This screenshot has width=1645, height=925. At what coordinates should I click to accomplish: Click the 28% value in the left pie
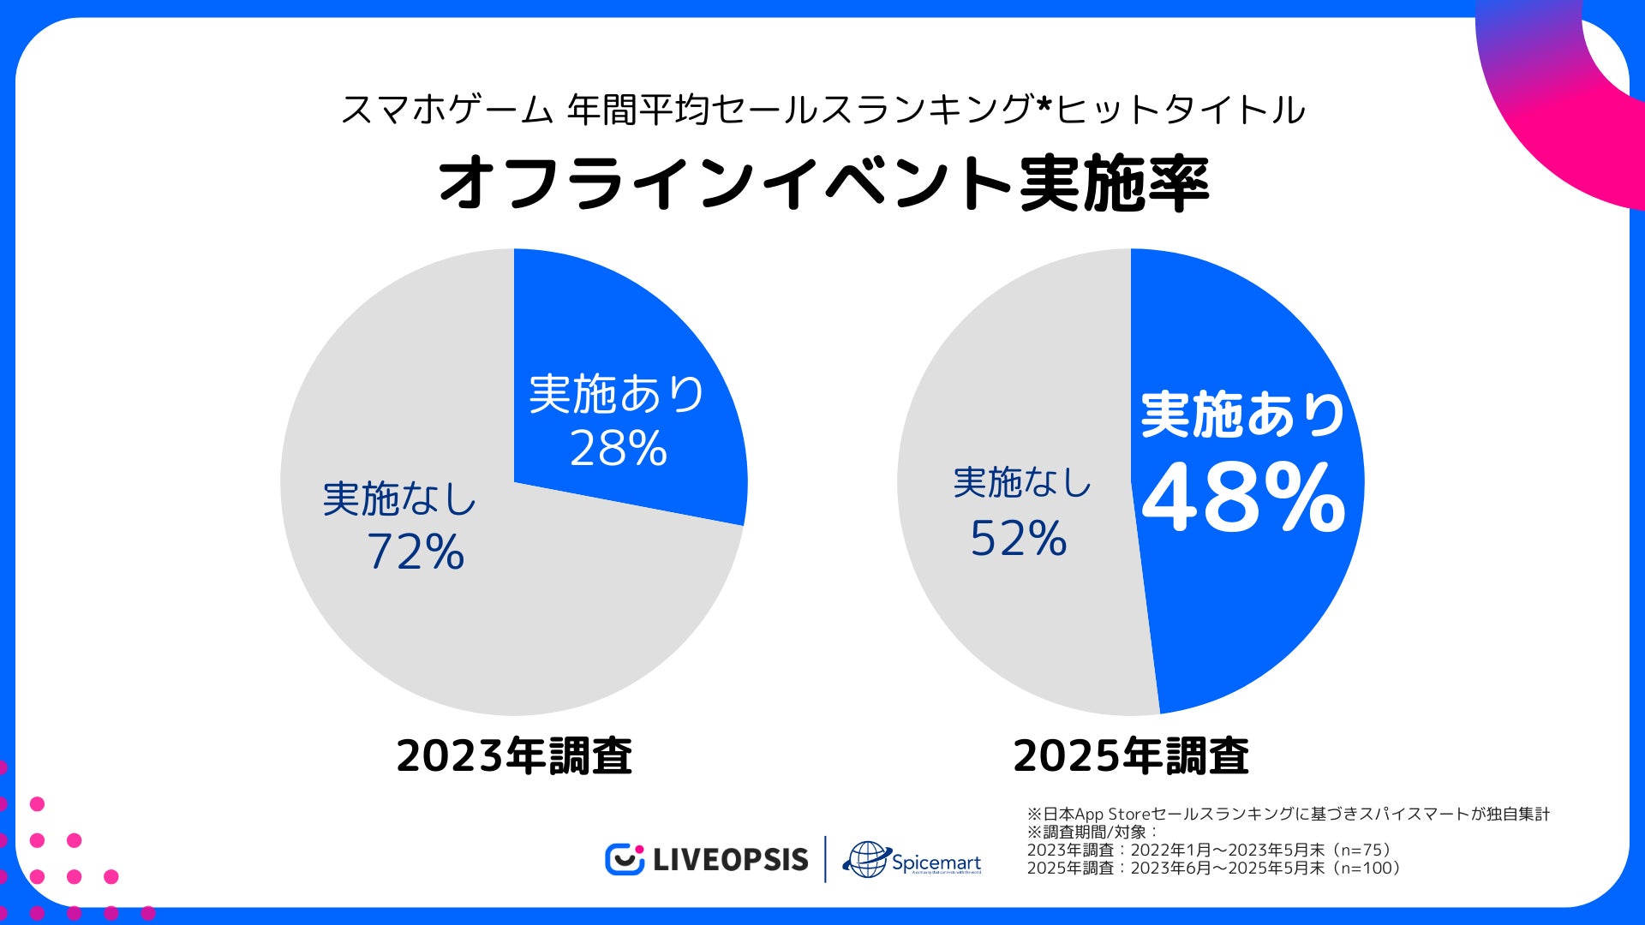coord(619,448)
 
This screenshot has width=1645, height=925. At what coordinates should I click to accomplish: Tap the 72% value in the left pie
coord(416,552)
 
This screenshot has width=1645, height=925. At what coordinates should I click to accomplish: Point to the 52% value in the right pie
coord(1019,539)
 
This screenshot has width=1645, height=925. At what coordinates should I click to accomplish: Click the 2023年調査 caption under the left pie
coord(514,756)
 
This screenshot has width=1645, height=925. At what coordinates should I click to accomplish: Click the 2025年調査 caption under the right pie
coord(1131,756)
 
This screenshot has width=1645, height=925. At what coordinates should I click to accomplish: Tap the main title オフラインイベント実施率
coord(822,183)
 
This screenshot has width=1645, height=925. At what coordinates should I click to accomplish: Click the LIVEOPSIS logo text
coord(730,859)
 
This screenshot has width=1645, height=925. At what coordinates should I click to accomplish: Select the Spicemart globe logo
coord(865,859)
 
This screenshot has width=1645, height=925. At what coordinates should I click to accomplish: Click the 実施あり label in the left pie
coord(617,394)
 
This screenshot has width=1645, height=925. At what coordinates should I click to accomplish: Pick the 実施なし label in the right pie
coord(1022,483)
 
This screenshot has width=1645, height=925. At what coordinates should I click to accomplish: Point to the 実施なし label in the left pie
coord(399,498)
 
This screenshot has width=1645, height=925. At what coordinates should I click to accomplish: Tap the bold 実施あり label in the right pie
coord(1243,415)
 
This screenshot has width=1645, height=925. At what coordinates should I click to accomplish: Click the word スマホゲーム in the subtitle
coord(446,110)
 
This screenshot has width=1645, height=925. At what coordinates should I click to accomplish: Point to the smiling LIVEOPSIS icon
coord(625,859)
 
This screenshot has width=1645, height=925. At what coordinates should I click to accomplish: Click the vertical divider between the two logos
coord(825,859)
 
